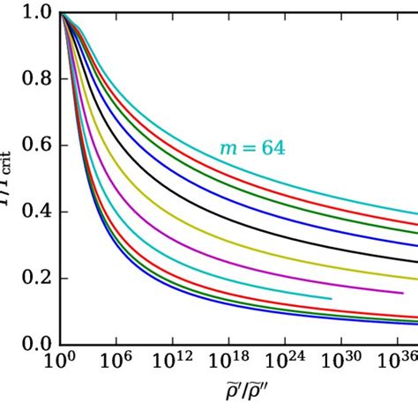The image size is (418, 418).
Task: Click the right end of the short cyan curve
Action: click(x=332, y=299)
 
